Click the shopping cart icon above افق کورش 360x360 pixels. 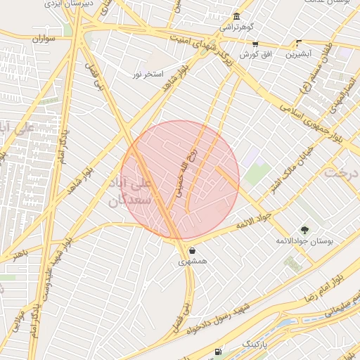click(x=254, y=44)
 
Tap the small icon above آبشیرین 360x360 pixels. click(x=299, y=43)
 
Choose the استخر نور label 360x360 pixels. click(x=148, y=73)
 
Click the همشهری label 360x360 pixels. click(x=192, y=261)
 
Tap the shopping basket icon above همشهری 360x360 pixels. click(x=192, y=250)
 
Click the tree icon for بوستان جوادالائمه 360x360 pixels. click(x=304, y=229)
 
